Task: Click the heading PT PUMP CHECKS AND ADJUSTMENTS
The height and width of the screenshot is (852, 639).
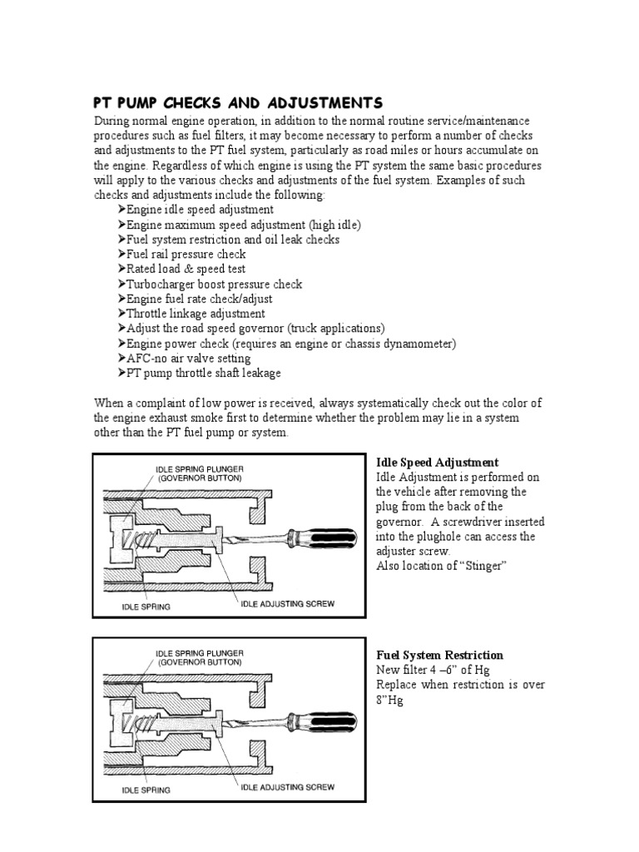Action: coord(237,103)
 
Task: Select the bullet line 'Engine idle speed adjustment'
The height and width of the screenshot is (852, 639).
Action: coord(200,210)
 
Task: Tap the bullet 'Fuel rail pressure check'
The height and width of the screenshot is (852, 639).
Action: coord(186,254)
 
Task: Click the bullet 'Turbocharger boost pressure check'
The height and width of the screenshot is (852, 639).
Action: coord(214,284)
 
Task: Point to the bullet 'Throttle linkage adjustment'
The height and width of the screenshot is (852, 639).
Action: coord(196,314)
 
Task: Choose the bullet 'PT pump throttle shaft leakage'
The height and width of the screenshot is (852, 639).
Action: coord(203,374)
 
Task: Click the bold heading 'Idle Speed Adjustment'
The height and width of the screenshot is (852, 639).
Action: coord(438,462)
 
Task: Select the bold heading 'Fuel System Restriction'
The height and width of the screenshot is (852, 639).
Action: coord(439,656)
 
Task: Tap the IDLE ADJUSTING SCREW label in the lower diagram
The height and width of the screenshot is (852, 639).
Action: coord(287,786)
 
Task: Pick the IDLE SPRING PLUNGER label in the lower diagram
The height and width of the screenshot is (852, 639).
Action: coord(200,653)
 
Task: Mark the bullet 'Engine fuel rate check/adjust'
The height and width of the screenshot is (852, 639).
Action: coord(200,299)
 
